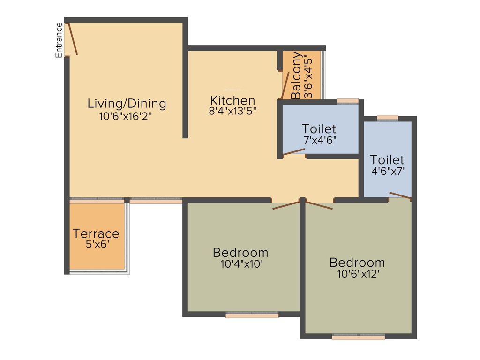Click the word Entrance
point(59,40)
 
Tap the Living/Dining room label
point(127,103)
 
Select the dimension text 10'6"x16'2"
point(125,116)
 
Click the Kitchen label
point(232,100)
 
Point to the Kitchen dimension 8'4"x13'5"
point(232,112)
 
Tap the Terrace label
point(96,233)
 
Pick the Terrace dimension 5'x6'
point(97,244)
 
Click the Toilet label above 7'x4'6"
point(319,128)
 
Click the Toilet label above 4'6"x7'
point(387,160)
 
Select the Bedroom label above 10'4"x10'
point(240,253)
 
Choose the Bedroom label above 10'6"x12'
point(357,262)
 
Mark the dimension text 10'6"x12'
point(357,274)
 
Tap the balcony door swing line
point(285,86)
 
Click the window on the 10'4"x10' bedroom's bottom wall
point(252,315)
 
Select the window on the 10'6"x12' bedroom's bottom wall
point(359,337)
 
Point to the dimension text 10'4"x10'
point(241,264)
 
